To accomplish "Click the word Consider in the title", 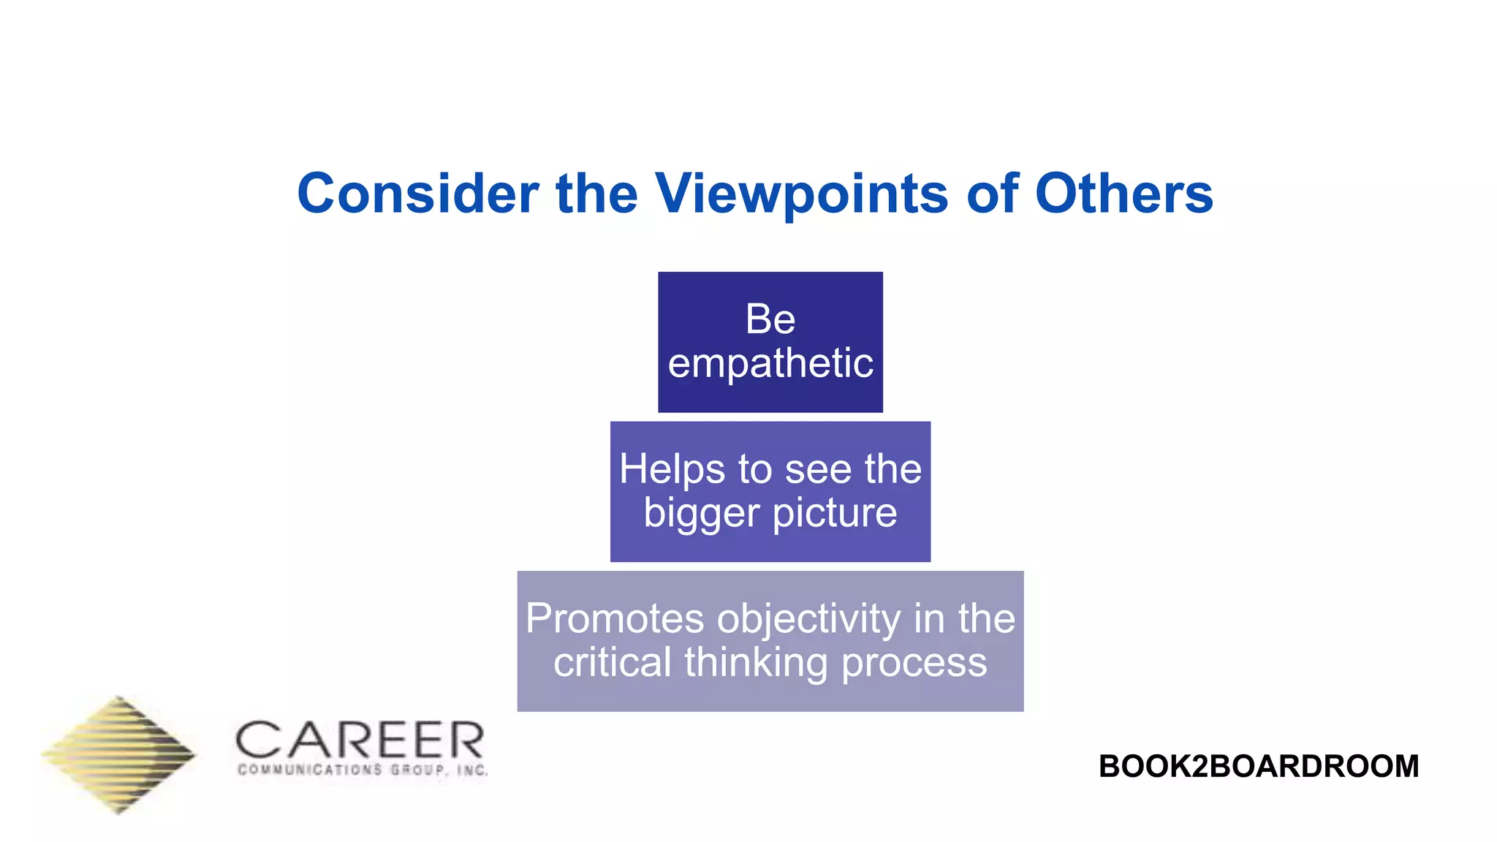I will click(x=417, y=194).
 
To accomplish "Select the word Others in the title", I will click(x=1123, y=194).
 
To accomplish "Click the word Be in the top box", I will click(x=770, y=319).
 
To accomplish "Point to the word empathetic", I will click(x=770, y=363).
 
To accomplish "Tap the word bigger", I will click(x=702, y=514).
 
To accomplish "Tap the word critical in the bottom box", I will click(x=612, y=663).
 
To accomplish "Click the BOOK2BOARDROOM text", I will click(x=1258, y=766).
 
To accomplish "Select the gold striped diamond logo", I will click(x=119, y=755).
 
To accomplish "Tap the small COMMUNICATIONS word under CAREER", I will click(x=310, y=770).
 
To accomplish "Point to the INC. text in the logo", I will click(x=472, y=770).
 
